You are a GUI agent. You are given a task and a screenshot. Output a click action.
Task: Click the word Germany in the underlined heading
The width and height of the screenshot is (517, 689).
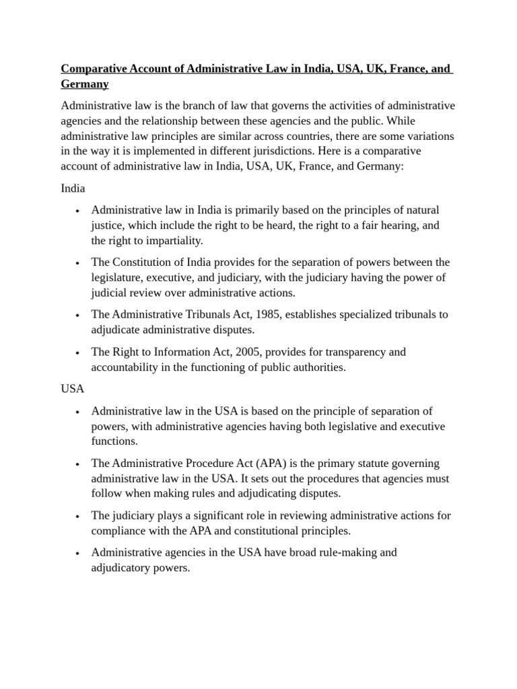point(85,84)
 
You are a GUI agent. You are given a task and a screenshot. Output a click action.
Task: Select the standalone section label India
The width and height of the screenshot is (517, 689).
point(73,188)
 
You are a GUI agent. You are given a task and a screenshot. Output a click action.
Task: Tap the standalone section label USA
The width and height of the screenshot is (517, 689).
point(73,390)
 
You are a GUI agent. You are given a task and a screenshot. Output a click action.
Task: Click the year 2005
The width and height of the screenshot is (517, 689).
point(251,352)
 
